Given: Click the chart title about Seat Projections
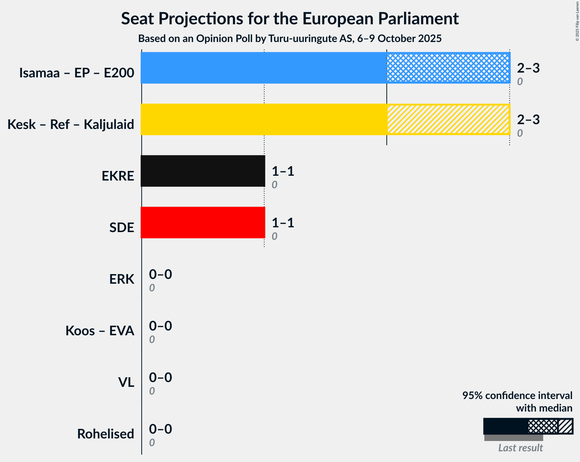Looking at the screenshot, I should click(290, 19).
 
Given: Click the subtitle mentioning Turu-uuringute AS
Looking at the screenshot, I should click(290, 39).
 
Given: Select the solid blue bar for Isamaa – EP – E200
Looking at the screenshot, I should click(264, 68).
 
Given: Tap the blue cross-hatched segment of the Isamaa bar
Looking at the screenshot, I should click(448, 68).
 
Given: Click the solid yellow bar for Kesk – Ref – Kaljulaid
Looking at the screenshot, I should click(264, 119).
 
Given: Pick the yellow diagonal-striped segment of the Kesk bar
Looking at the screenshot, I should click(448, 119).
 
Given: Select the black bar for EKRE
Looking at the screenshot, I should click(203, 171).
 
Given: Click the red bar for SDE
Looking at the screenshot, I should click(203, 223).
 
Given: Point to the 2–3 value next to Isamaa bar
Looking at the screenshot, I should click(528, 68).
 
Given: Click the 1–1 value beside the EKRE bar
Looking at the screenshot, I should click(283, 171).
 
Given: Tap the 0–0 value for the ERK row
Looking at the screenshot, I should click(160, 274).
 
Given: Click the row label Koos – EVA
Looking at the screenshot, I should click(100, 331).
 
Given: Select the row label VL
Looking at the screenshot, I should click(126, 382).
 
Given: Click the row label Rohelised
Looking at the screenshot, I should click(106, 434).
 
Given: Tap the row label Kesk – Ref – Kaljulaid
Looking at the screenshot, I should click(71, 125).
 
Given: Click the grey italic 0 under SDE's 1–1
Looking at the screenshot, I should click(275, 237).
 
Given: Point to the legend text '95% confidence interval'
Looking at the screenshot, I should click(517, 396).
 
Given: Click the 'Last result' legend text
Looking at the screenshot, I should click(520, 448).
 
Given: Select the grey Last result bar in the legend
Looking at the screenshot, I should click(513, 438).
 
